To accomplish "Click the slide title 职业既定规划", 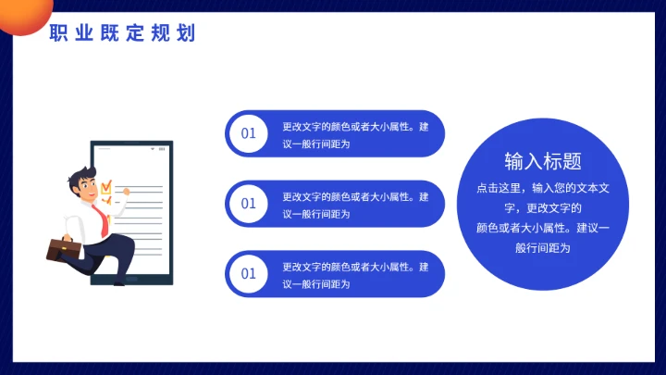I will pos(122,34).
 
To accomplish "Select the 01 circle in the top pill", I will pos(248,133).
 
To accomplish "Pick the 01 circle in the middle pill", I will pos(248,203).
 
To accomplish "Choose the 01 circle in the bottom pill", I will pos(248,273).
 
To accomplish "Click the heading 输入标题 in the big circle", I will pos(543,161).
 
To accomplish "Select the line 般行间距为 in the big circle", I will pos(543,247).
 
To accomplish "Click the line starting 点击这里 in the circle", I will pos(543,188).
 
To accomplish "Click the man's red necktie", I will pos(105,219).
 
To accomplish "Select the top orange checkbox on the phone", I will pos(106,186).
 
